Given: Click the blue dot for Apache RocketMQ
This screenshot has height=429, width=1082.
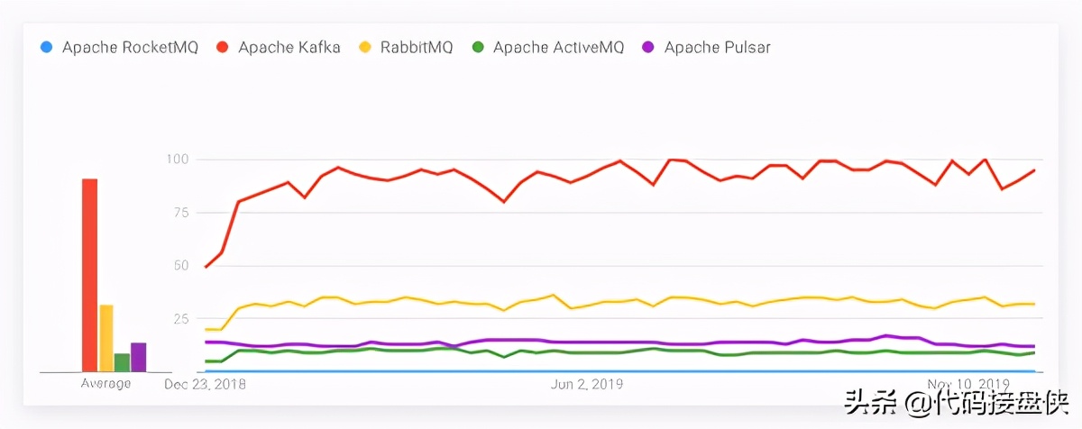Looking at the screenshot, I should tap(46, 47).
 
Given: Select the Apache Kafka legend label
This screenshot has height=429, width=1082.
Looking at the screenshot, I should tap(289, 47).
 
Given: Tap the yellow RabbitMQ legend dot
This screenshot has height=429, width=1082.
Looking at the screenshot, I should tap(365, 47).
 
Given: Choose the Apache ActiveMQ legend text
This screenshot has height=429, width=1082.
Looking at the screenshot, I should tap(558, 47).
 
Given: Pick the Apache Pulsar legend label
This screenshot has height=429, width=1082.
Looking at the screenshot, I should tap(717, 47).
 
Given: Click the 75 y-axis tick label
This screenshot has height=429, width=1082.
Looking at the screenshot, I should tap(179, 213).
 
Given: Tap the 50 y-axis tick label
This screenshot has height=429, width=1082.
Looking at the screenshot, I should tap(179, 266).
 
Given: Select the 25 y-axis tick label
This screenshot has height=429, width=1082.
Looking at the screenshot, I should tap(179, 319).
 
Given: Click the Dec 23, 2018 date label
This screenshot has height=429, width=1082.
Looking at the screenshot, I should tap(205, 384).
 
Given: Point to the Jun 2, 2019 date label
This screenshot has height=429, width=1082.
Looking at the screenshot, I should tap(586, 384).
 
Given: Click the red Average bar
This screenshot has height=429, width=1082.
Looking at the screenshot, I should tap(89, 275).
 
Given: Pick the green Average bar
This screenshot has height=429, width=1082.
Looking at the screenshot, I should tap(122, 362).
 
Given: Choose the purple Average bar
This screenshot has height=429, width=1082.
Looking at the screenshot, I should tap(138, 357).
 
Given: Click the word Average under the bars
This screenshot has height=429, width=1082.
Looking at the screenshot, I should tap(105, 384).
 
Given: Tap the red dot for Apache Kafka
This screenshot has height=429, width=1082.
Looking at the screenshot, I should tap(222, 47).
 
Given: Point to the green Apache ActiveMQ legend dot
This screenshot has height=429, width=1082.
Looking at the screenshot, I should tap(477, 47).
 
